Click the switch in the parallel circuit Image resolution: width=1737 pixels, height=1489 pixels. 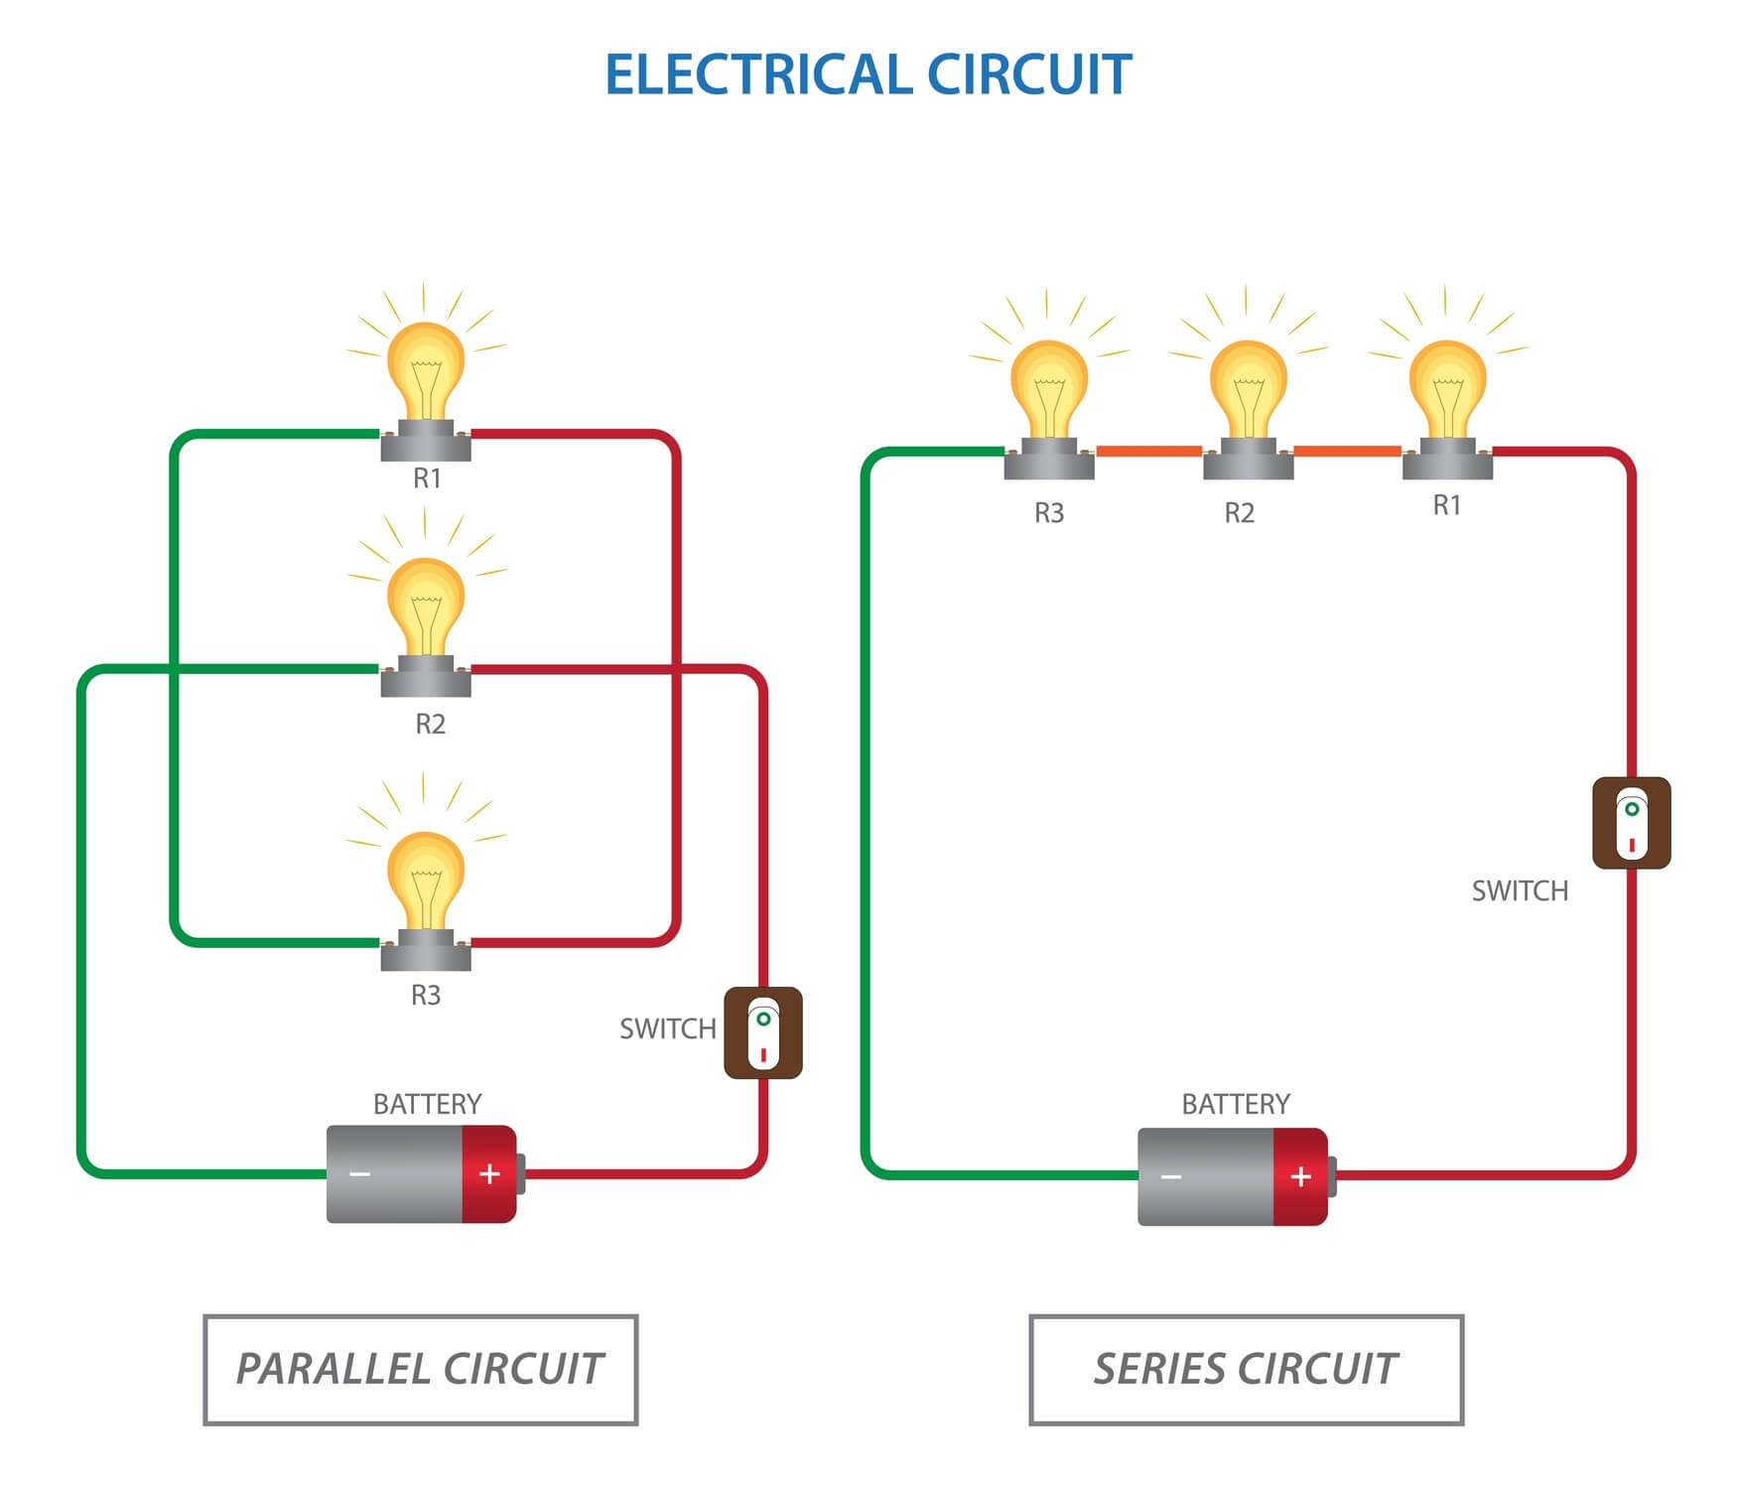(x=762, y=1032)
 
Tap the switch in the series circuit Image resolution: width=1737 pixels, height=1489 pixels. (x=1631, y=823)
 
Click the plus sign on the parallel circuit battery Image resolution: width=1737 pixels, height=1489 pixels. (x=489, y=1174)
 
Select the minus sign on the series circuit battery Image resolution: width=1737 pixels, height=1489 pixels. (x=1171, y=1177)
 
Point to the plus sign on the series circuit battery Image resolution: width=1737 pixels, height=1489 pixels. (x=1300, y=1177)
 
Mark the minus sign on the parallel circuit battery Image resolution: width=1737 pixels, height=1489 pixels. (x=359, y=1174)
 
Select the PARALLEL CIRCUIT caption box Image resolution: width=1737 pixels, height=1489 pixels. (x=420, y=1370)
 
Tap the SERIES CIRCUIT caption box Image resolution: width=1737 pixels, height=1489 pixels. (x=1246, y=1370)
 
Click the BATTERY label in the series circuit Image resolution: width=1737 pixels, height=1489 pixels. (x=1236, y=1104)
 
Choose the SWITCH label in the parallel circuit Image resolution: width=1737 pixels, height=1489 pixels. (x=667, y=1029)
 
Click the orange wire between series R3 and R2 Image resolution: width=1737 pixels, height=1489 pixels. (x=1148, y=452)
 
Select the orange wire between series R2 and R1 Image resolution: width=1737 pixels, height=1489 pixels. (x=1347, y=452)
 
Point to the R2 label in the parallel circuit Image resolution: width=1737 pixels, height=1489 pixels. (x=430, y=725)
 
